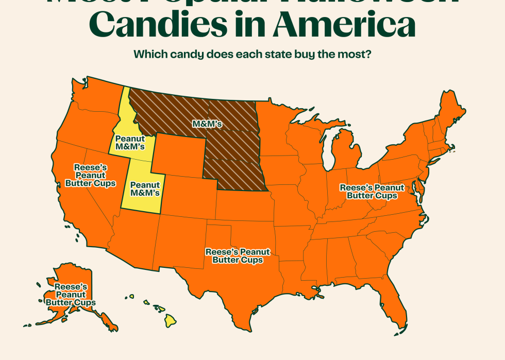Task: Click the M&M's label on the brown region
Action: (x=207, y=124)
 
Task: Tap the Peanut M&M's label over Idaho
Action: (x=130, y=143)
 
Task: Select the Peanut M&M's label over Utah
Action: (x=144, y=189)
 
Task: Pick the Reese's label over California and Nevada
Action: (x=90, y=176)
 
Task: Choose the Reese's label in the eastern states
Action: (x=372, y=192)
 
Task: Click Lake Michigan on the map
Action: (x=326, y=149)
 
